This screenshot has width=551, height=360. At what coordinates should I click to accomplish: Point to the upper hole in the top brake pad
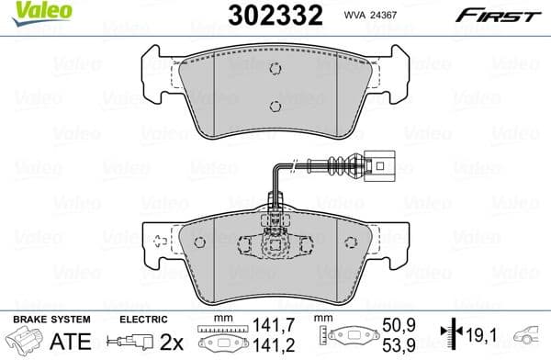point(275,70)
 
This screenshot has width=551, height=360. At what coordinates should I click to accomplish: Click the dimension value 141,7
point(269,324)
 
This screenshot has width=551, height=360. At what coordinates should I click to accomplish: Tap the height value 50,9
point(393,324)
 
